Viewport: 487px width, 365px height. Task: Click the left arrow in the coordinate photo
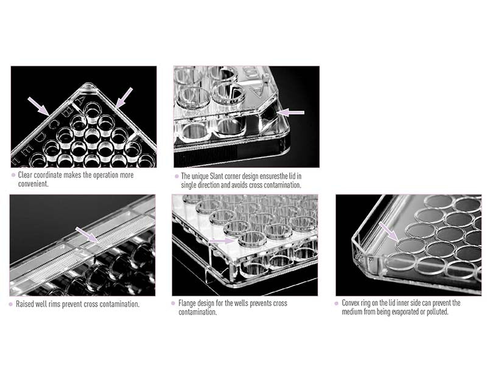pos(38,106)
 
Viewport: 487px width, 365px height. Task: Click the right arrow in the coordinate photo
pos(124,98)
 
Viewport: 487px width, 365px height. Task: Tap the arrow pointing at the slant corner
pos(290,112)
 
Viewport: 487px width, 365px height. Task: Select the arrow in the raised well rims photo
pos(87,234)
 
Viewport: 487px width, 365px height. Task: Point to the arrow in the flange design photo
pos(222,241)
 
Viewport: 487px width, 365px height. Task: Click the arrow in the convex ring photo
pos(388,232)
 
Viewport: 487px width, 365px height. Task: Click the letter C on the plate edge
pos(54,124)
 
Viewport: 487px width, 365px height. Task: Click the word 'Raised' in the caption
pos(24,304)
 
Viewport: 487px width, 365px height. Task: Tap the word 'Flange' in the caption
pos(187,303)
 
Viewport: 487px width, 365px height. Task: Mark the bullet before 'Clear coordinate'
pos(13,175)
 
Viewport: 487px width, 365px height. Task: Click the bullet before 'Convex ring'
pos(337,303)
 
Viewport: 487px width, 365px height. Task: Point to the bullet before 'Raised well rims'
pos(11,304)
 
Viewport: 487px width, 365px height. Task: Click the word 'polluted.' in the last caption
pos(437,311)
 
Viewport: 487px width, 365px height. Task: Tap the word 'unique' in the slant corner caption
pos(200,176)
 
